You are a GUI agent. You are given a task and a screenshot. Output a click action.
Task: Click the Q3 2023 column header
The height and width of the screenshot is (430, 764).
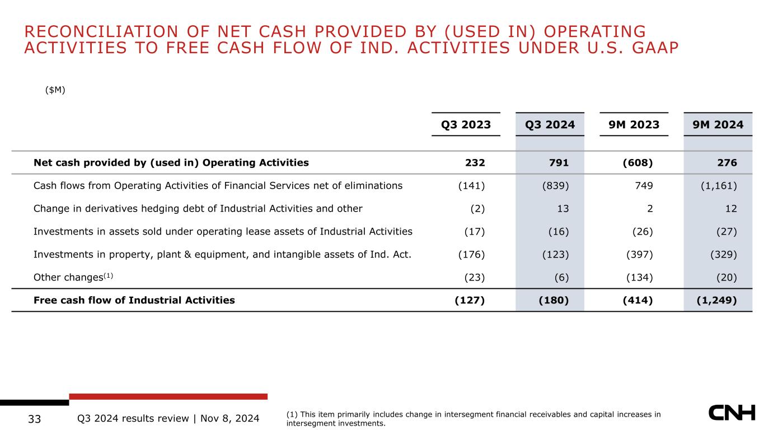pyautogui.click(x=466, y=124)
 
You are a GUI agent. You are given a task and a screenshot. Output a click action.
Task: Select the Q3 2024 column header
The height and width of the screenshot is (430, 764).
pyautogui.click(x=550, y=124)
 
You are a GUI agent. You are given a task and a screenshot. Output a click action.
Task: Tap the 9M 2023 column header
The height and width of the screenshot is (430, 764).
pyautogui.click(x=634, y=124)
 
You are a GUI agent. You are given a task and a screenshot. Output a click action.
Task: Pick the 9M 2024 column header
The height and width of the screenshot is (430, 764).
pyautogui.click(x=718, y=124)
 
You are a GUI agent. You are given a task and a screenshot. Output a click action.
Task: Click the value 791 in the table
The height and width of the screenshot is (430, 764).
pyautogui.click(x=559, y=162)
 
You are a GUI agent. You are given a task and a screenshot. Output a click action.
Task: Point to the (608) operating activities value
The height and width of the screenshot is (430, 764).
pyautogui.click(x=638, y=163)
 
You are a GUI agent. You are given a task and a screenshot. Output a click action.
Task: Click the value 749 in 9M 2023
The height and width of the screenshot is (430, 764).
pyautogui.click(x=644, y=186)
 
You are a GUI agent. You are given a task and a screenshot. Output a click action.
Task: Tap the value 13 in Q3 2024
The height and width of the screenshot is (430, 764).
pyautogui.click(x=563, y=208)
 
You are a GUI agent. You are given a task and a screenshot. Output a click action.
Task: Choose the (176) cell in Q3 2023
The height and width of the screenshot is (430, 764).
pyautogui.click(x=471, y=255)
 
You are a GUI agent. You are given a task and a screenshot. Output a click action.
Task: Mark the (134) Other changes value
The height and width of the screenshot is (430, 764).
pyautogui.click(x=640, y=278)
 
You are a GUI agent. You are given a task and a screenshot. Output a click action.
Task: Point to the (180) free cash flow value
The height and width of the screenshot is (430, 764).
pyautogui.click(x=554, y=300)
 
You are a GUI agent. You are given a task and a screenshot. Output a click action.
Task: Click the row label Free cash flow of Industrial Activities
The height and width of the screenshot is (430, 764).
pyautogui.click(x=134, y=300)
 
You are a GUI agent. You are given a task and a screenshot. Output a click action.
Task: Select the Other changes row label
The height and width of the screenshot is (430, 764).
pyautogui.click(x=73, y=277)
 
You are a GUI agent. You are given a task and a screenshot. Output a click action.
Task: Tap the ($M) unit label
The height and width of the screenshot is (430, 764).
pyautogui.click(x=55, y=90)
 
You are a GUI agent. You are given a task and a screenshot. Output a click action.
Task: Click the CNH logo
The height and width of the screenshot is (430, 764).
pyautogui.click(x=732, y=413)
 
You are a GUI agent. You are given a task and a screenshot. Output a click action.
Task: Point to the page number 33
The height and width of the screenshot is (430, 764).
pyautogui.click(x=35, y=419)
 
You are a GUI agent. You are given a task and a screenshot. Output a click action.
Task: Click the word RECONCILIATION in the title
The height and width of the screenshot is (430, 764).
pyautogui.click(x=101, y=31)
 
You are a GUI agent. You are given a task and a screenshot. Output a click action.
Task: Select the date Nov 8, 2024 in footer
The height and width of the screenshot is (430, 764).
pyautogui.click(x=230, y=419)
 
